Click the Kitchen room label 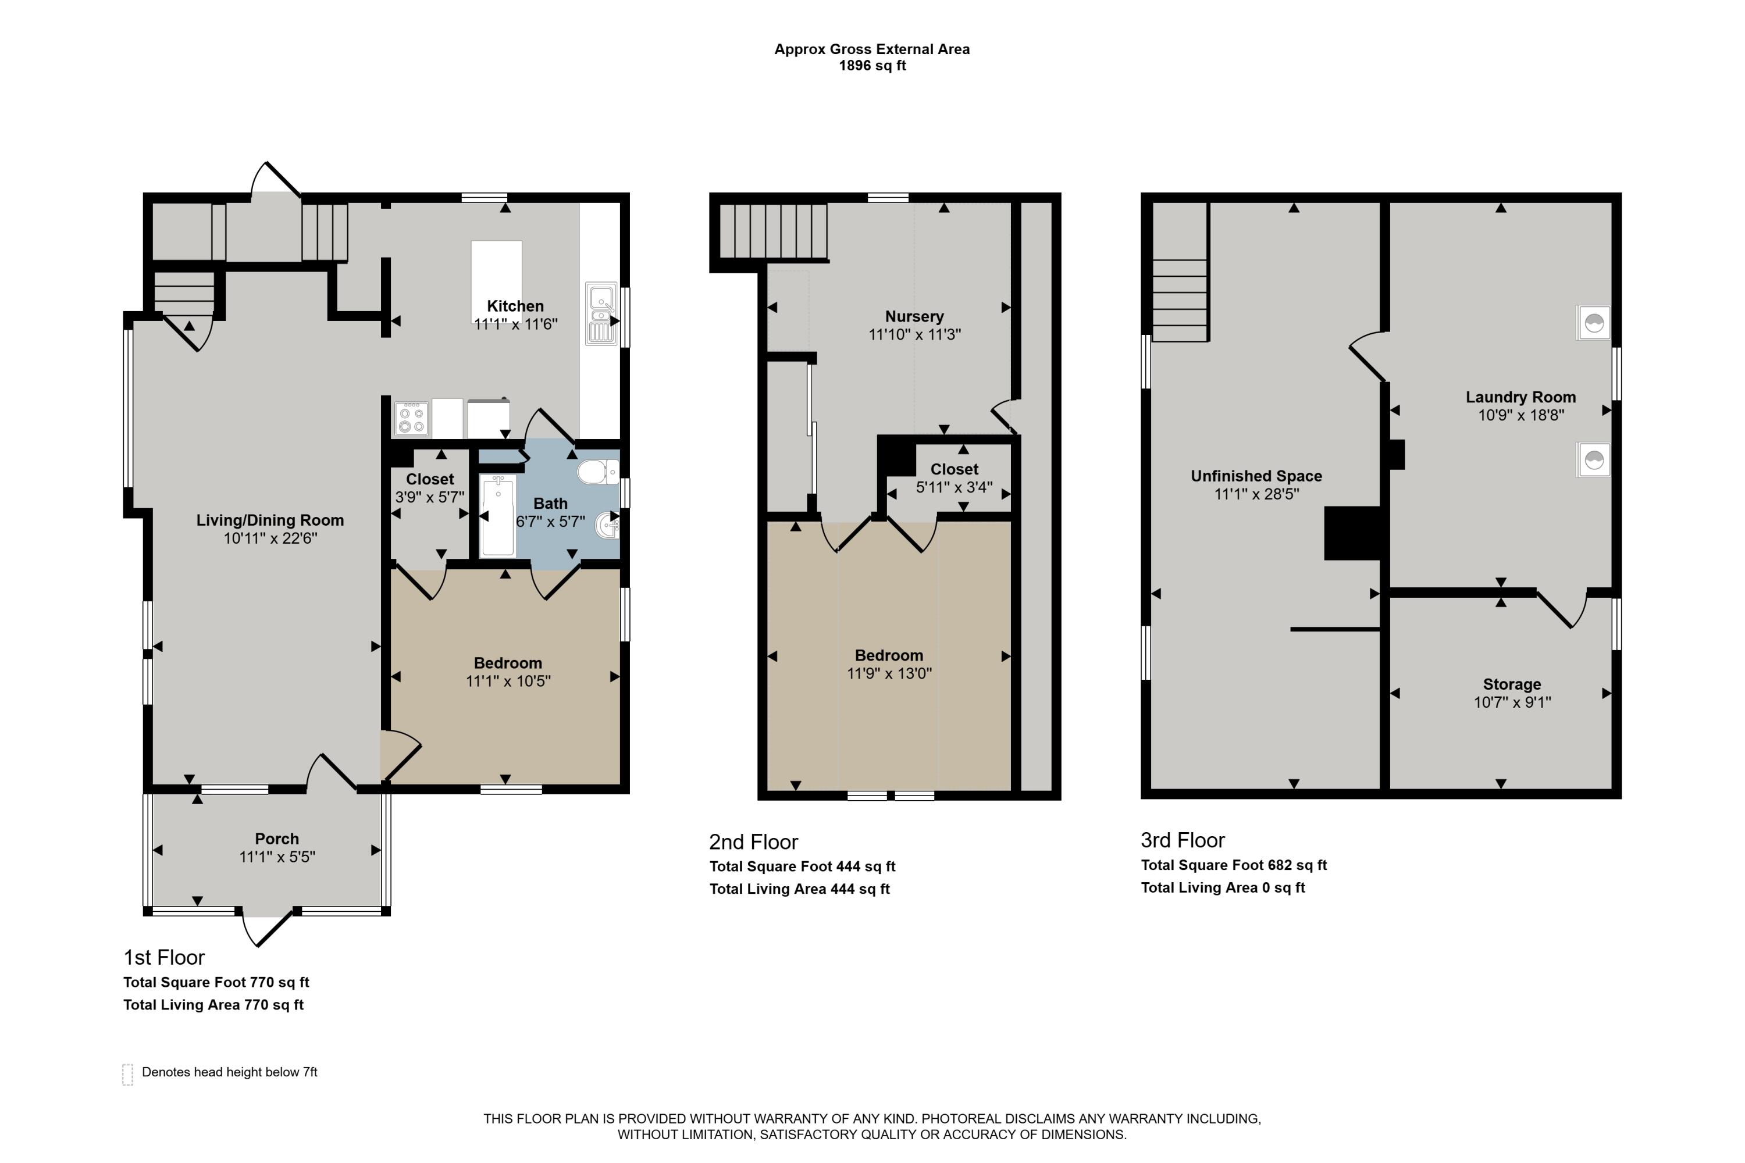tap(515, 306)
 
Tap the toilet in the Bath tap(598, 472)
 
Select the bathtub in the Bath tap(497, 516)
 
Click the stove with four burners tap(412, 418)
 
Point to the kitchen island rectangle tap(496, 282)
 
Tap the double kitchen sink tap(601, 314)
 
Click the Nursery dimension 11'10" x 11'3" tap(915, 334)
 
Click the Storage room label tap(1512, 684)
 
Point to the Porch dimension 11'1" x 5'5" tap(277, 857)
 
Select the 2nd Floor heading tap(754, 842)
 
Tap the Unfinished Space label tap(1256, 476)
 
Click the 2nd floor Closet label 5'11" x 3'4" tap(954, 479)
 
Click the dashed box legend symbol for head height tap(127, 1074)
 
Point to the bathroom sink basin tap(609, 526)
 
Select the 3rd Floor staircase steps tap(1180, 301)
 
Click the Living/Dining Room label tap(270, 520)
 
